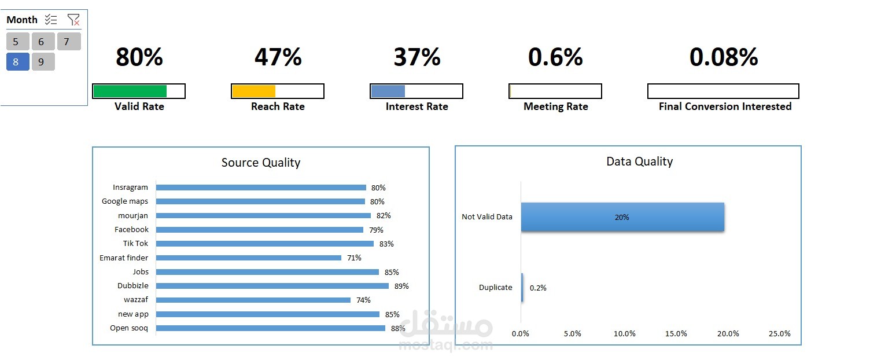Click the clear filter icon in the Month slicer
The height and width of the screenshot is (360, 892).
(x=73, y=20)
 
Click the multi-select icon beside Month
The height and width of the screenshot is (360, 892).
(x=51, y=20)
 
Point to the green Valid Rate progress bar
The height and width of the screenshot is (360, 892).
(x=130, y=91)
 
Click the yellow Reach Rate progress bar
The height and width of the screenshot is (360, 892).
(x=254, y=91)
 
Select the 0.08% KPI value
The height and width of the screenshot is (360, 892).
(x=724, y=57)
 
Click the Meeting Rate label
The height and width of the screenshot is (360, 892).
(x=555, y=106)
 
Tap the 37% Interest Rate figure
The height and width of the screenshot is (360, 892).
(x=417, y=57)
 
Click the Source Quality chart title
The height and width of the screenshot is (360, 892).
(x=261, y=163)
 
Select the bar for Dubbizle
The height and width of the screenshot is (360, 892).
(x=272, y=286)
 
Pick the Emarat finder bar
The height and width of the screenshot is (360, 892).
(x=249, y=258)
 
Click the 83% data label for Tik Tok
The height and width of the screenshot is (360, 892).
(x=386, y=244)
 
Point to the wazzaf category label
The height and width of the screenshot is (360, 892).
(x=136, y=299)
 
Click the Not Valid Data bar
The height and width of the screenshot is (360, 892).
(x=622, y=217)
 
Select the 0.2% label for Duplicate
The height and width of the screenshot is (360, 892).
(x=538, y=288)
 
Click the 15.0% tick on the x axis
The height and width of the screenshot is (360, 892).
(x=676, y=334)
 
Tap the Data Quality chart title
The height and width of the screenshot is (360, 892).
(x=640, y=161)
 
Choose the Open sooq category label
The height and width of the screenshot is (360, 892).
(x=129, y=328)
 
